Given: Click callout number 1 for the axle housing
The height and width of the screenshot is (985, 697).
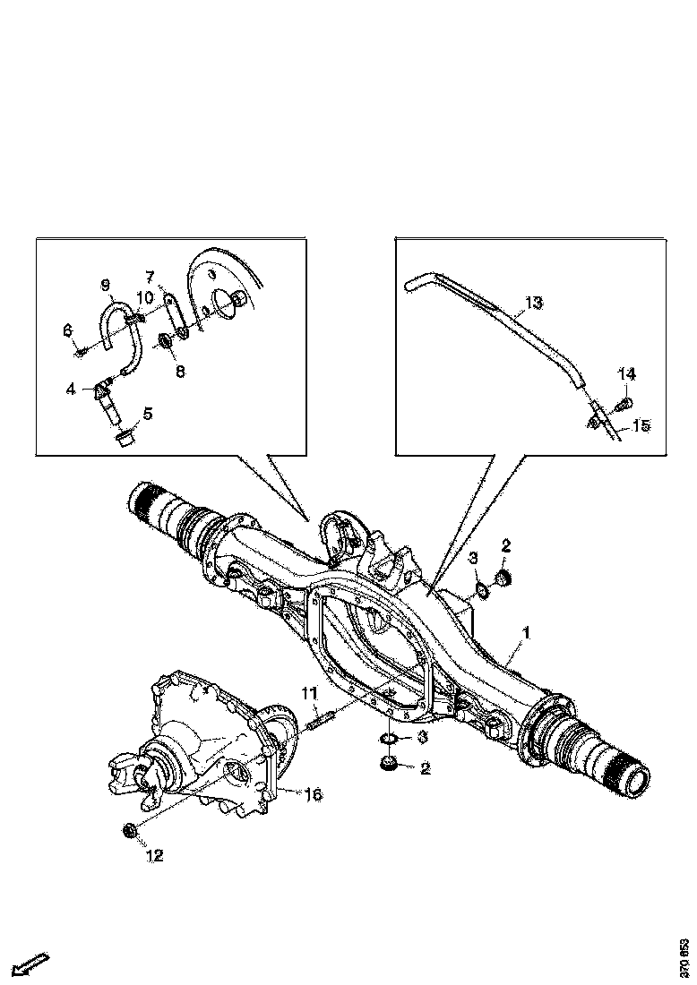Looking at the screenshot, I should (527, 634).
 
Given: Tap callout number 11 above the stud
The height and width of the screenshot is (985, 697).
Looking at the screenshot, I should (309, 693).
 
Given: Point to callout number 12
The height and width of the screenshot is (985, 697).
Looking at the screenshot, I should (154, 855).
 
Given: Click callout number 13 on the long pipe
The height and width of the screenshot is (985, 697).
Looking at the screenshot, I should (533, 304).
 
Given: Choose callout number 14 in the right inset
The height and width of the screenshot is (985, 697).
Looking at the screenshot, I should (625, 372).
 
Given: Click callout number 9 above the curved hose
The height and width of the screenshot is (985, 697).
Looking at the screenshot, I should (105, 285).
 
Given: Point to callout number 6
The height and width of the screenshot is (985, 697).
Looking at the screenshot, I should (67, 330).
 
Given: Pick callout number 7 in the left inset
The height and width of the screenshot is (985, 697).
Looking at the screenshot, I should (149, 276).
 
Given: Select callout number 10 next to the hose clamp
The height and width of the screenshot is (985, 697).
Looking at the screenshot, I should (143, 296).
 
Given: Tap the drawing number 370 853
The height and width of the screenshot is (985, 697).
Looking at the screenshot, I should (684, 957).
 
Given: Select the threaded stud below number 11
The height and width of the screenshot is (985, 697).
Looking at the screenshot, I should (320, 718).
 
